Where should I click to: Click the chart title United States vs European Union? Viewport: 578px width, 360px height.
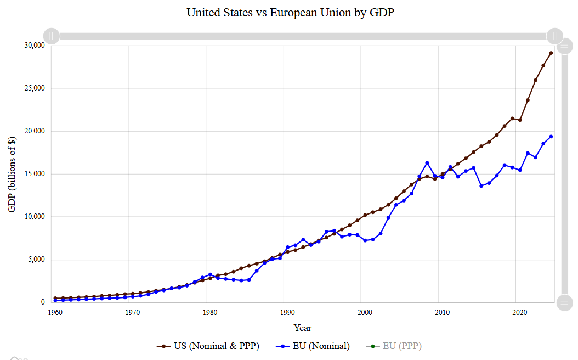pos(291,12)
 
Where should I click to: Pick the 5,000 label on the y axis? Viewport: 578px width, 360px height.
pos(35,260)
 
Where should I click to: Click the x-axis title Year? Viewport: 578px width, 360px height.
pos(302,328)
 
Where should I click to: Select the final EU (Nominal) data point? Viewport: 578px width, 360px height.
pos(551,137)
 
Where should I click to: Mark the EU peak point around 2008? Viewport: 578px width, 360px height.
pos(427,163)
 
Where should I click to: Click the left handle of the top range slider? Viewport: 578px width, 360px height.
pos(51,36)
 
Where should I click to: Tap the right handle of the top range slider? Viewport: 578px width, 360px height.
pos(555,36)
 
